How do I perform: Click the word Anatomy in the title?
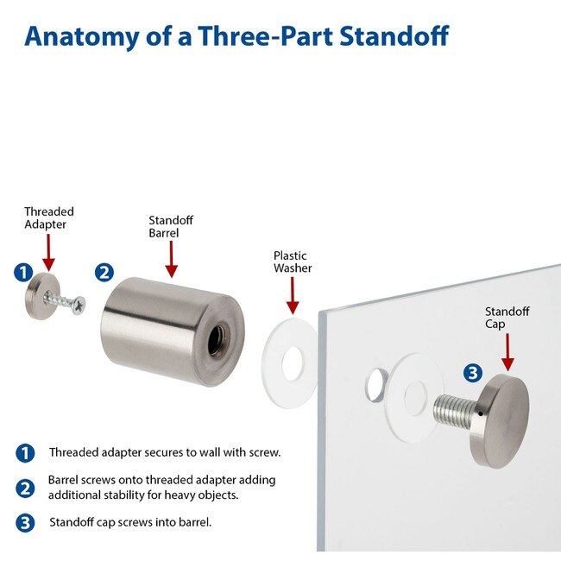tap(82, 37)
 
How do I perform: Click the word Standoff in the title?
tap(394, 36)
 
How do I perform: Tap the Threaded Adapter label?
tap(49, 217)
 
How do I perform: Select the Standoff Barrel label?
tap(171, 226)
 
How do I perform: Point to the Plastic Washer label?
tap(293, 262)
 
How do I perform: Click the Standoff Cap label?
tap(507, 318)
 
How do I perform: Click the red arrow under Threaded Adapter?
tap(48, 253)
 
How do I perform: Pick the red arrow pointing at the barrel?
tap(172, 259)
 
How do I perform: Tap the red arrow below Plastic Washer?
tap(293, 295)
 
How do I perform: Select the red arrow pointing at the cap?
tap(507, 352)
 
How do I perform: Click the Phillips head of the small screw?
tap(78, 306)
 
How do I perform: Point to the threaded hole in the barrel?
tap(216, 340)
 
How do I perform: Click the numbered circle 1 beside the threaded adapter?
tap(23, 273)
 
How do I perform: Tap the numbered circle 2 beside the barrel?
tap(104, 273)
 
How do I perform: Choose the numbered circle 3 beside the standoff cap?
tap(473, 373)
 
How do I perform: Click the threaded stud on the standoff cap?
tap(455, 411)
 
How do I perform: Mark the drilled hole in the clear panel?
tap(375, 385)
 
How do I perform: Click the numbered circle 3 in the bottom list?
tap(25, 523)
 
